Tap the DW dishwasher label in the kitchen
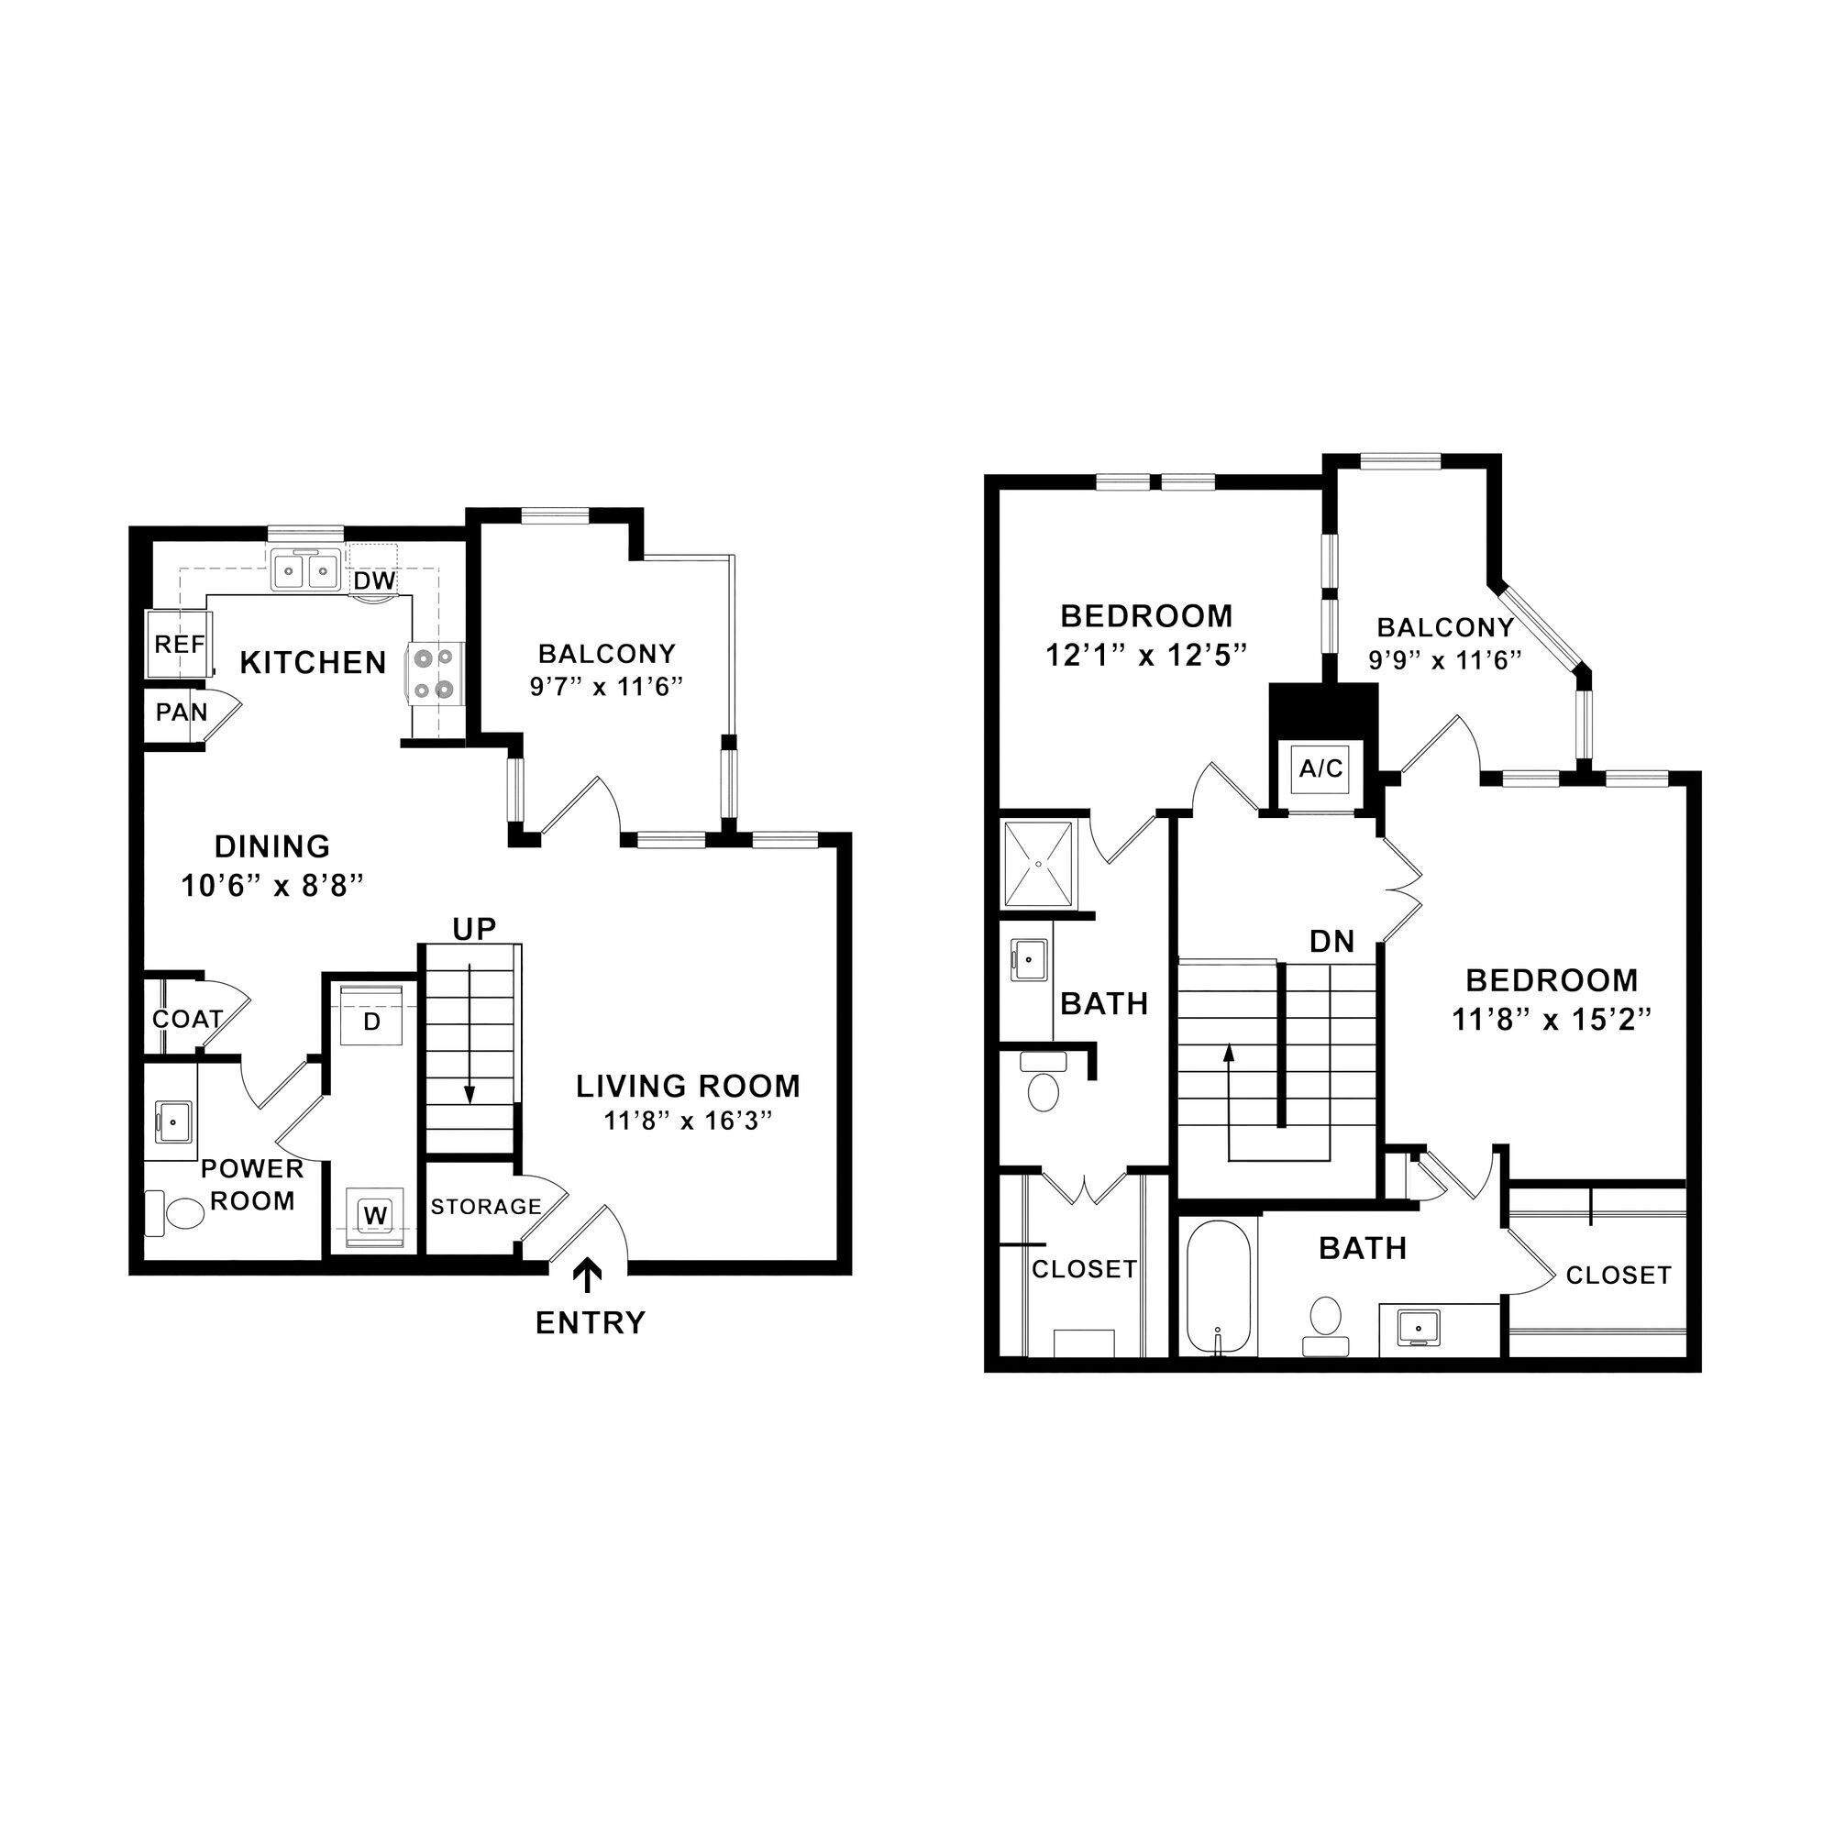(374, 580)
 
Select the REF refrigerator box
(179, 645)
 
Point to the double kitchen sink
(305, 570)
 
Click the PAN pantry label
(182, 712)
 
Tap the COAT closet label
(188, 1020)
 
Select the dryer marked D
(372, 1022)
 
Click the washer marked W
(376, 1215)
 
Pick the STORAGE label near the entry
(486, 1207)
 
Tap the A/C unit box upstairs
(1321, 768)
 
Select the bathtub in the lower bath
(1219, 1287)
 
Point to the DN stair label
(1331, 942)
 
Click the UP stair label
(475, 929)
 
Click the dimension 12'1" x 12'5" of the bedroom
(1145, 655)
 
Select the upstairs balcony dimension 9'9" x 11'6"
(1445, 659)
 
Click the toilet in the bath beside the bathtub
(1325, 1320)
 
